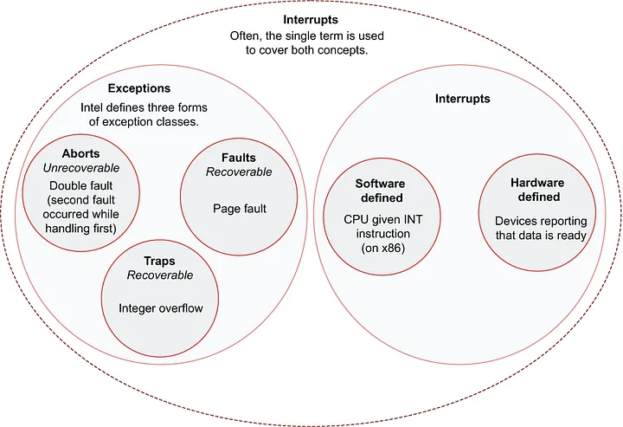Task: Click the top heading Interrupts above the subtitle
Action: tap(311, 19)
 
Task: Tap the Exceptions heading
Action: tap(138, 88)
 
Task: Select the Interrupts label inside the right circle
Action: tap(462, 99)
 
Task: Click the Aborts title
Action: tap(81, 153)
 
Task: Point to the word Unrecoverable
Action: tap(81, 168)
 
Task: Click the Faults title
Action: tap(239, 157)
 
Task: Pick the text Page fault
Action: tap(239, 208)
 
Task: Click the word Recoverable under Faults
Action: tap(239, 171)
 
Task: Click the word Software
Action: tap(381, 184)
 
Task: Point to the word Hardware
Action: tap(536, 183)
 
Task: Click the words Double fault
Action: tap(81, 185)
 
